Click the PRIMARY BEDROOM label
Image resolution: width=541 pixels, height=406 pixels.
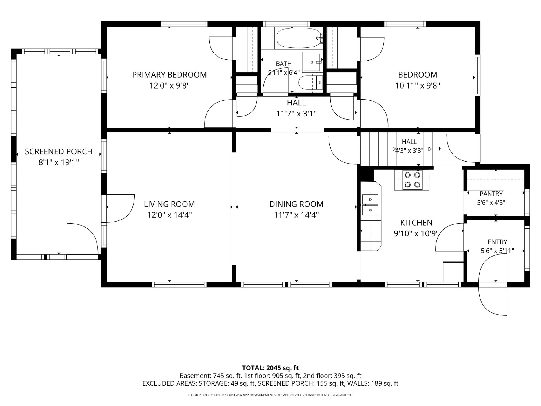click(169, 75)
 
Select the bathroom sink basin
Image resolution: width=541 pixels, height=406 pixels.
click(312, 62)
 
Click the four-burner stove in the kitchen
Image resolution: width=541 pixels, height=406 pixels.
click(412, 180)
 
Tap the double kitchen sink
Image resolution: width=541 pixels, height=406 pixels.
click(370, 205)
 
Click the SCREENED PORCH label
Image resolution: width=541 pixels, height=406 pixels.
click(59, 152)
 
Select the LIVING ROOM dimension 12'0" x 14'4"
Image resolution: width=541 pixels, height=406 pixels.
click(169, 215)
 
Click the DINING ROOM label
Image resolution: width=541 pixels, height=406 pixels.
click(296, 204)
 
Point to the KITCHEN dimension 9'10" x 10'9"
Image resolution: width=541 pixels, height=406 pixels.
click(416, 234)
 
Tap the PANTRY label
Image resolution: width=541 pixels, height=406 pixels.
click(491, 194)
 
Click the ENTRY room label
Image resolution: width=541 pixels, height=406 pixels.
click(497, 242)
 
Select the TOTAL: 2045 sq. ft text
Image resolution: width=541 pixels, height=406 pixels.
click(270, 368)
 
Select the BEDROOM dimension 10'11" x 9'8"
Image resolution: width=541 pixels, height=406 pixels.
click(418, 86)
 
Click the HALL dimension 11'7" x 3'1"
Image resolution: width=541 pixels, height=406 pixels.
click(296, 114)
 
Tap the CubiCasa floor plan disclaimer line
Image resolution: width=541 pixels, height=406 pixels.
click(270, 395)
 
